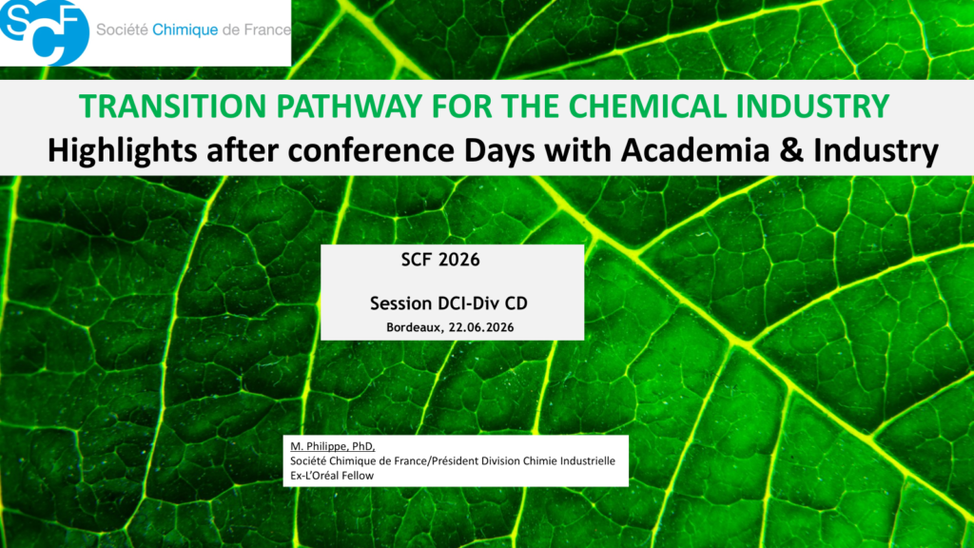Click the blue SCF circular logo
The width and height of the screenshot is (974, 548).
coord(44,31)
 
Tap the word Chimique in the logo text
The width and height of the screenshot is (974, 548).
coord(185,29)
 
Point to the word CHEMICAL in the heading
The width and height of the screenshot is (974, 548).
coord(647,107)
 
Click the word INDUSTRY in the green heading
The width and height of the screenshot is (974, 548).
coord(813,107)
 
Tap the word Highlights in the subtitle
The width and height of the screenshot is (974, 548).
coord(123,151)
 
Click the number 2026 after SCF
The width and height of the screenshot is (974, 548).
coord(459,260)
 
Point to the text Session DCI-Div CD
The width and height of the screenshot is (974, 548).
coord(449,303)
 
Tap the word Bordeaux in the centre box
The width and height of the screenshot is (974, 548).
coord(414,327)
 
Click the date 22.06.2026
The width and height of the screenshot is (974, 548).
coord(481,327)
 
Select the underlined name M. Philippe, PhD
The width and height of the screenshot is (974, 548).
coord(332,446)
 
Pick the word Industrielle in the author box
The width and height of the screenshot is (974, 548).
coord(588,461)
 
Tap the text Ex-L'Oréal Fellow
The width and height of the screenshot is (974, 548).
coord(332,476)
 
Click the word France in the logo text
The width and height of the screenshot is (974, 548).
coord(267,29)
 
